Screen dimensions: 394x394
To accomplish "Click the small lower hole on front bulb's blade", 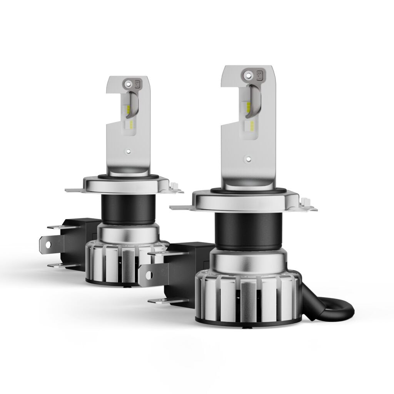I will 248,158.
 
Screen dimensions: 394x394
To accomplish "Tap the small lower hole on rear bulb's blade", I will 129,151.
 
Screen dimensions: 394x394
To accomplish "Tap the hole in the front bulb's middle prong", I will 147,274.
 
